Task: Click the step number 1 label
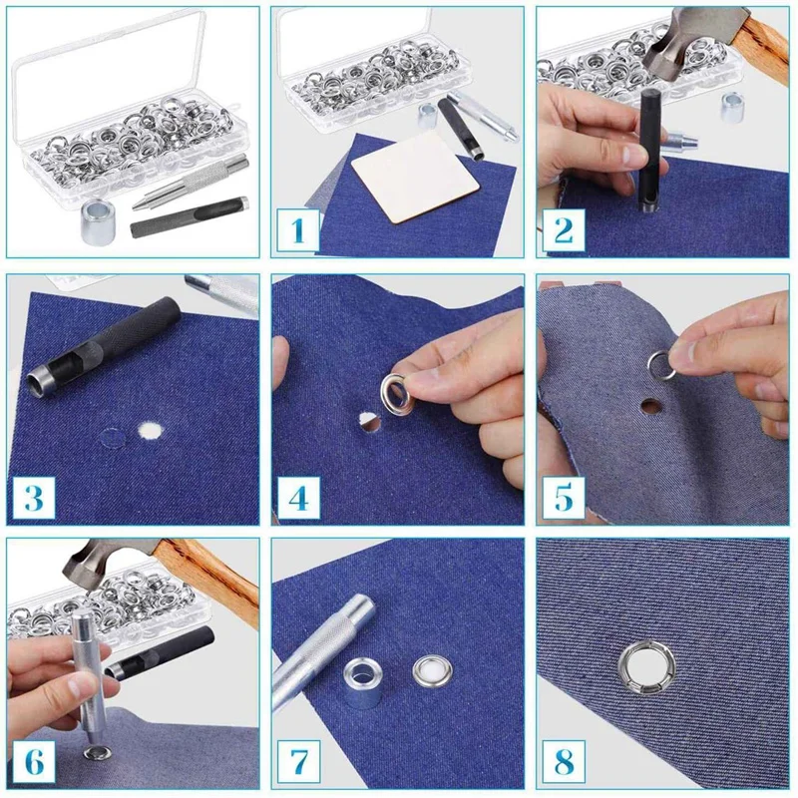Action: [x=297, y=230]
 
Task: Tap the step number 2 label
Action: [x=563, y=230]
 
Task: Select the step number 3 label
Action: [x=33, y=497]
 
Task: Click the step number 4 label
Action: [x=297, y=496]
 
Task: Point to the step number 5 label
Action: [x=563, y=496]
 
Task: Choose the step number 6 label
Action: [x=33, y=761]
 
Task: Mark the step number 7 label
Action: [x=297, y=761]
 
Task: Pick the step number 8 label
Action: [x=563, y=761]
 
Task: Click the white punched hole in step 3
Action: [x=153, y=430]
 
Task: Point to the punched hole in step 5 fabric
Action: [x=650, y=407]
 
